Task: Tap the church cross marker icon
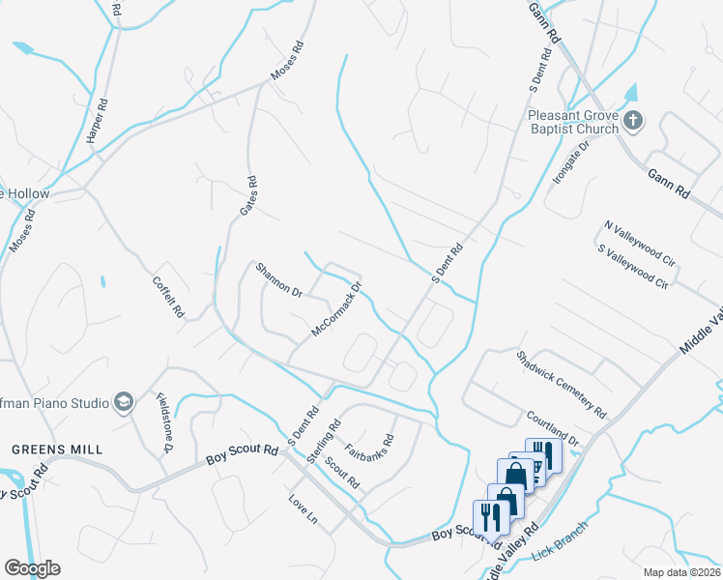tap(633, 122)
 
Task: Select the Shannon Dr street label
tap(279, 280)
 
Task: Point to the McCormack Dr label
tap(336, 309)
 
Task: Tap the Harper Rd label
tap(96, 122)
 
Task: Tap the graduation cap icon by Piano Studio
tap(123, 401)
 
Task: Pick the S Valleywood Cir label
tap(633, 267)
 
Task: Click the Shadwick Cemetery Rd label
tap(561, 384)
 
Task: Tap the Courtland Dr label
tap(553, 428)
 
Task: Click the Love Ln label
tap(303, 507)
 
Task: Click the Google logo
tap(32, 568)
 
